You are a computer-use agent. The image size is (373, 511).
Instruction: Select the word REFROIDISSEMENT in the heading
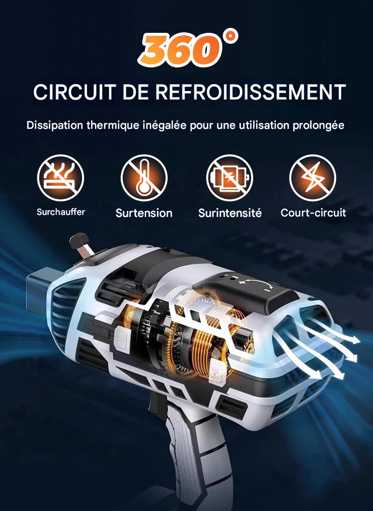(251, 93)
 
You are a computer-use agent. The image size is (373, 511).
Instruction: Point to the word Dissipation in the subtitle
(55, 125)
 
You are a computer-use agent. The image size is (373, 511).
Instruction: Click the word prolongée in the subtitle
(317, 125)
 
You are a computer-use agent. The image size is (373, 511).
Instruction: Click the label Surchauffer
(61, 212)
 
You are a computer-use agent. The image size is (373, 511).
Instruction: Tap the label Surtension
(144, 213)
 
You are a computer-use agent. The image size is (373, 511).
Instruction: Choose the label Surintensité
(230, 213)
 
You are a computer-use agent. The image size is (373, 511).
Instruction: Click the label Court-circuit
(313, 213)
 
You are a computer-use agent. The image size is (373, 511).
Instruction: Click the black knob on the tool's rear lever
(78, 241)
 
